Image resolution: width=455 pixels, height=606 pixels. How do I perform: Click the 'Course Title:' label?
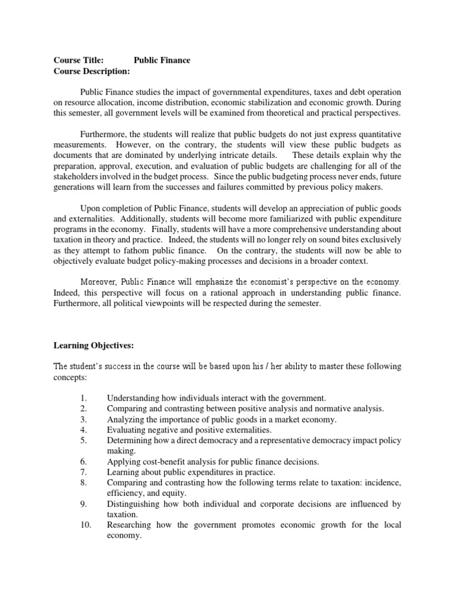tap(79, 60)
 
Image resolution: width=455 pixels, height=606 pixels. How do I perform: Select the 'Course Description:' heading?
tap(91, 71)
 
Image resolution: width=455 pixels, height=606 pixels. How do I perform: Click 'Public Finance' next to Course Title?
tap(162, 60)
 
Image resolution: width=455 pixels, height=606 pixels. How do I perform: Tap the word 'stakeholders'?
tap(78, 177)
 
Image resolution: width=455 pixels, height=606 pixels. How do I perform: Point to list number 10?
tap(84, 525)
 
